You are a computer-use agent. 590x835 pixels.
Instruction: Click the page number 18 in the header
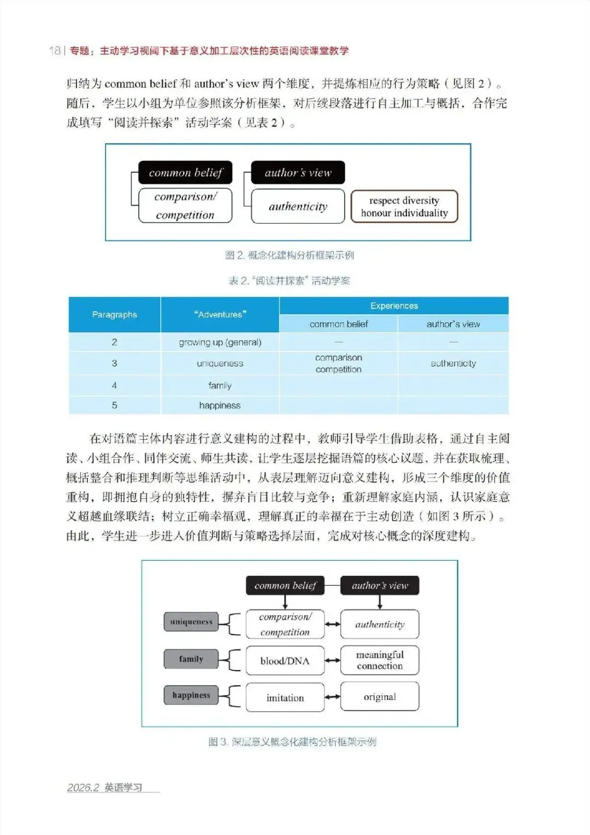pos(55,51)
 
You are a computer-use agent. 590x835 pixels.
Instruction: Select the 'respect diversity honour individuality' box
pos(404,207)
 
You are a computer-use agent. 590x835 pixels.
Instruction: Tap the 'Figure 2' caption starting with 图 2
pos(290,255)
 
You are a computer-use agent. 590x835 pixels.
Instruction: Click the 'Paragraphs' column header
pos(114,314)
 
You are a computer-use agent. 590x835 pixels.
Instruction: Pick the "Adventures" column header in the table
pos(220,314)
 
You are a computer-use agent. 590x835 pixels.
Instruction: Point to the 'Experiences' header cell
pos(394,305)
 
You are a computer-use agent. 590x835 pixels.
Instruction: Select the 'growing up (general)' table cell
pos(220,342)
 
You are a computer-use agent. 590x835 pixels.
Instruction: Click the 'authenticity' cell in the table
pos(453,363)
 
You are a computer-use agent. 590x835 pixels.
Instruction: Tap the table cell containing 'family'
pos(220,385)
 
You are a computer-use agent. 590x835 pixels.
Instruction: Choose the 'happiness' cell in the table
pos(220,405)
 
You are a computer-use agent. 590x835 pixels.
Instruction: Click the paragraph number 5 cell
pos(114,405)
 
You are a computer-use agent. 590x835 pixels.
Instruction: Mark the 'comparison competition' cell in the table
pos(338,363)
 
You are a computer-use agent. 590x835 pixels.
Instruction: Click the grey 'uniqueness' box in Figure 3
pos(191,622)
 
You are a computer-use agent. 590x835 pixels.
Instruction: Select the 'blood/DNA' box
pos(285,661)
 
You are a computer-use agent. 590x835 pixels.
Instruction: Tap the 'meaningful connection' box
pos(380,660)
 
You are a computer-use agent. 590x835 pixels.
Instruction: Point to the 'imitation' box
pos(285,697)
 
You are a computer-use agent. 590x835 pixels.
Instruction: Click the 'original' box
pos(380,697)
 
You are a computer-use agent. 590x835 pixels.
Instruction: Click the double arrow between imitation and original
pos(332,697)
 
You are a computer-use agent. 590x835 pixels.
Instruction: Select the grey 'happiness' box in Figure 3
pos(191,695)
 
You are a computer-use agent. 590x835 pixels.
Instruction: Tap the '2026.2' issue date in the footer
pos(83,787)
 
